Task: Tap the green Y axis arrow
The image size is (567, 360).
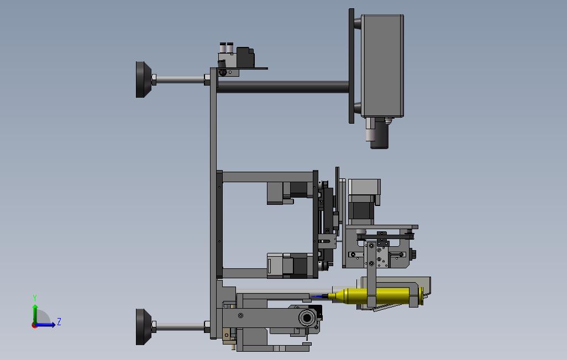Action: pos(35,314)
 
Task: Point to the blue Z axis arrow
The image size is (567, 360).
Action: pos(45,325)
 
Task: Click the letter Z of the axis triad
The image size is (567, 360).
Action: pos(59,321)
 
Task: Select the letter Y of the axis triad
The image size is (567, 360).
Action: pos(35,298)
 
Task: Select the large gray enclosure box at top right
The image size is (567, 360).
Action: pos(382,66)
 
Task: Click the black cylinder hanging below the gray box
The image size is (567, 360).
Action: pos(379,133)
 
